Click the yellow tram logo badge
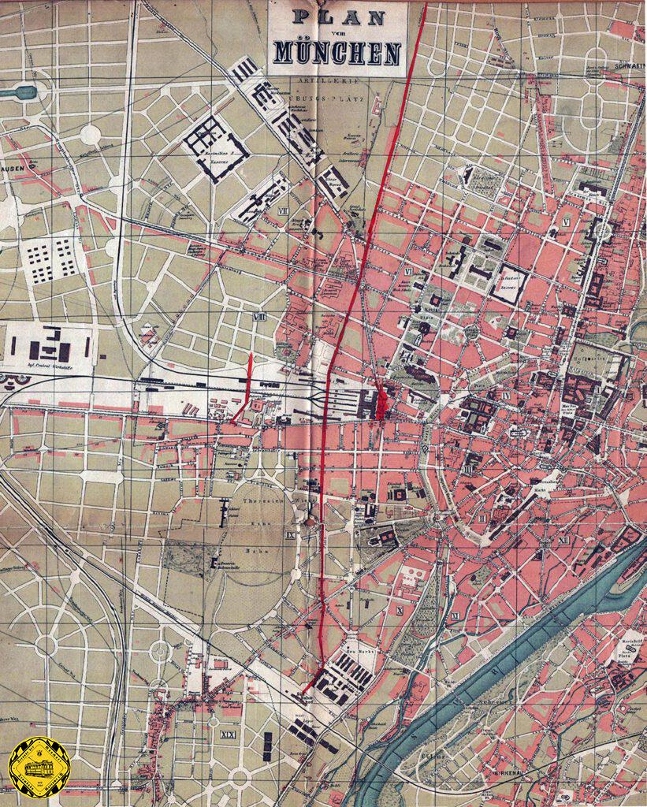(39, 767)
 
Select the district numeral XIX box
(229, 735)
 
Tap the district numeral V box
(566, 223)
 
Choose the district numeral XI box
(456, 615)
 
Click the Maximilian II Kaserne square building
(215, 147)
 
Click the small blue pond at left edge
(19, 92)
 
